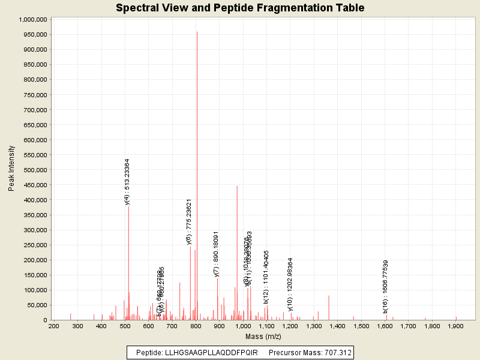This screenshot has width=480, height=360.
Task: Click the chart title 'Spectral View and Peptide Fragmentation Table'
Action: [x=240, y=8]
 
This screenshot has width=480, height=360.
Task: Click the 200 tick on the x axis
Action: [x=54, y=326]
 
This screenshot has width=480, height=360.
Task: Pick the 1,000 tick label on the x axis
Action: [x=243, y=326]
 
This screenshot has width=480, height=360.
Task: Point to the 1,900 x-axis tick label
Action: [x=455, y=326]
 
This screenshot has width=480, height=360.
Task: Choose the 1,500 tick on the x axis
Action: [x=361, y=326]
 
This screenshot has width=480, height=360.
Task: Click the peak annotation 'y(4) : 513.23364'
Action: [x=127, y=182]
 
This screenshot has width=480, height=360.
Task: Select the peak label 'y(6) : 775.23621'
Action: [x=189, y=221]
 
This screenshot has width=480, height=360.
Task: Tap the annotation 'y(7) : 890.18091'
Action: [x=216, y=253]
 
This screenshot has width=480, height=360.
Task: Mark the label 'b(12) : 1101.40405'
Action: [x=266, y=277]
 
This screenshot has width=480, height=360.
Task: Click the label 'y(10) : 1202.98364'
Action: [x=290, y=284]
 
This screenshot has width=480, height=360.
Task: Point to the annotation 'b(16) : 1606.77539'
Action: [x=385, y=286]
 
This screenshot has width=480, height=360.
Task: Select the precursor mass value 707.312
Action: [x=335, y=352]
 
